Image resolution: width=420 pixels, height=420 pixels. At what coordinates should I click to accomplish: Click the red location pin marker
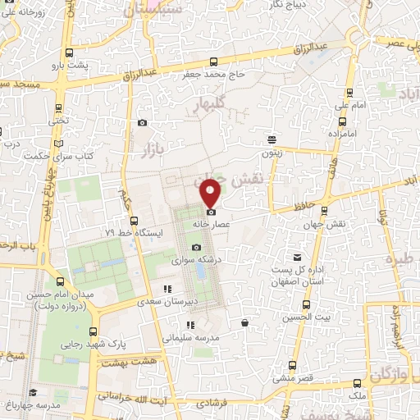pyautogui.click(x=211, y=194)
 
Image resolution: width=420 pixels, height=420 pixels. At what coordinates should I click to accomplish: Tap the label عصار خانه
pyautogui.click(x=211, y=222)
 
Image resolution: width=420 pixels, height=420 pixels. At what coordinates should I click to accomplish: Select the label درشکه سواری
pyautogui.click(x=195, y=260)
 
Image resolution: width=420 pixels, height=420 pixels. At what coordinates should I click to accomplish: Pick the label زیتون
pyautogui.click(x=272, y=152)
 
